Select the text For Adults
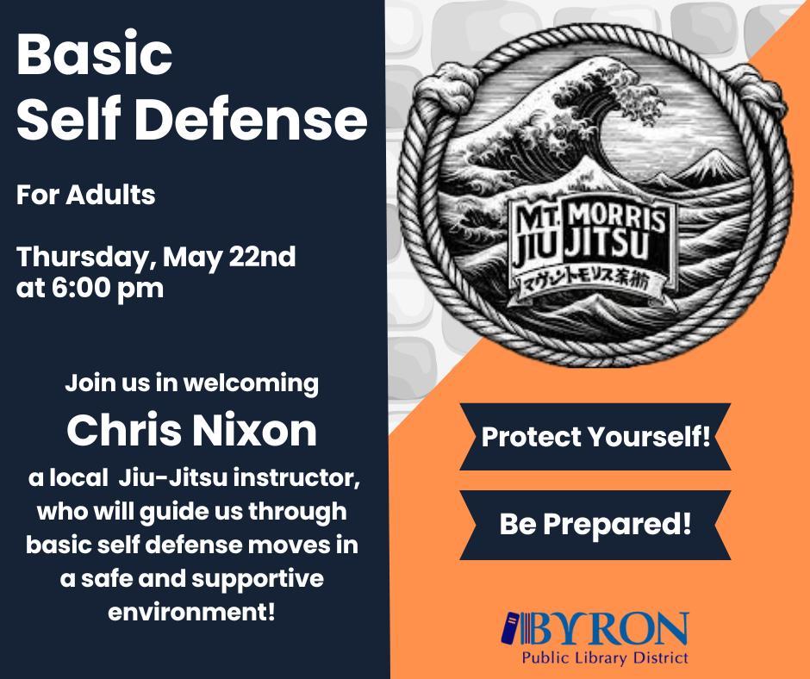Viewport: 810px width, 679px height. (x=86, y=195)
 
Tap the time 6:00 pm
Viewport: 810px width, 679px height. (x=109, y=288)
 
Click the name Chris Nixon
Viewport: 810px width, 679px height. (x=192, y=431)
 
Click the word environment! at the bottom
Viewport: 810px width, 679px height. (x=192, y=614)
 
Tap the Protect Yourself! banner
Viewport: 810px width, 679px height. (x=595, y=437)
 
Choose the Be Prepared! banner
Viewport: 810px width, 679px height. (x=595, y=524)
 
